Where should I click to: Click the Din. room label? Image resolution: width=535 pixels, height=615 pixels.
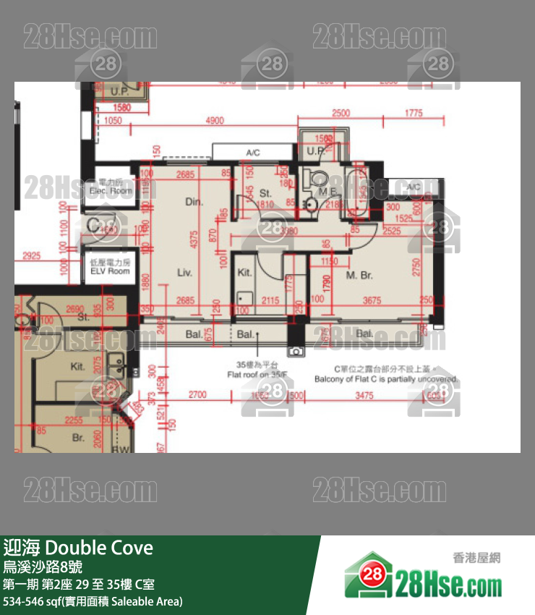(x=193, y=202)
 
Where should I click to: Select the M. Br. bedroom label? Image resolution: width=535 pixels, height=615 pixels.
(x=359, y=276)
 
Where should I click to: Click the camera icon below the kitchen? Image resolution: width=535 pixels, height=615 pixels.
(x=295, y=351)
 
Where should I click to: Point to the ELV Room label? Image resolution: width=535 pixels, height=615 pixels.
(x=109, y=271)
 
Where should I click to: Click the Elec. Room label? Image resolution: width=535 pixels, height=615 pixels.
(x=111, y=191)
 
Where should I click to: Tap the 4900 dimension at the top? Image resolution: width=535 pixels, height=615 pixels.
(x=214, y=121)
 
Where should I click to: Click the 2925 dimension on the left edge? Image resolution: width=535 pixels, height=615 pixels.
(x=31, y=256)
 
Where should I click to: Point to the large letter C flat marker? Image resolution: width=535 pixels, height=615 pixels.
(x=95, y=225)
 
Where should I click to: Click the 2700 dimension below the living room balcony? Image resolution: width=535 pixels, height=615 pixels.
(x=197, y=395)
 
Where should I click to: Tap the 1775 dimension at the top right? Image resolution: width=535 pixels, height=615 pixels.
(x=413, y=113)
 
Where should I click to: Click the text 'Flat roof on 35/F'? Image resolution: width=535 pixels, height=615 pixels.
(x=259, y=375)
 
